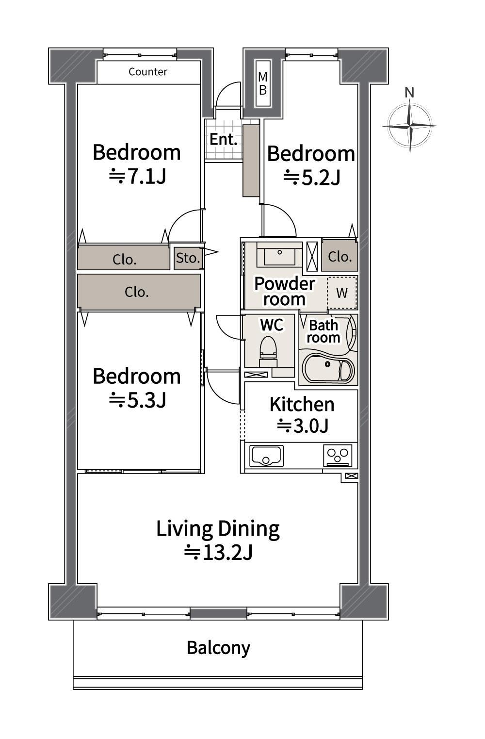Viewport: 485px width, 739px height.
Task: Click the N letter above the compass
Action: tap(409, 93)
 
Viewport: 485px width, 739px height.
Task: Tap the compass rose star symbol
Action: tap(410, 126)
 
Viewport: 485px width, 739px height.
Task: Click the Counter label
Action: tap(148, 72)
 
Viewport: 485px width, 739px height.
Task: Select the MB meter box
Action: tap(263, 83)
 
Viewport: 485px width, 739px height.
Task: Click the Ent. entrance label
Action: tap(224, 139)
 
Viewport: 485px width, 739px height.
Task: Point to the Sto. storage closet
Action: tap(188, 258)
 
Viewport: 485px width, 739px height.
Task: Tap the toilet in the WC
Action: tap(268, 352)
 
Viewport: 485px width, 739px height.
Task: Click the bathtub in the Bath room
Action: tap(328, 367)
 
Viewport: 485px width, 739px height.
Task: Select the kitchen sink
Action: tap(266, 456)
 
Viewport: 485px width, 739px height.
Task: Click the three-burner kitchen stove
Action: tap(338, 456)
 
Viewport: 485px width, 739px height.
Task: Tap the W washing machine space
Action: tap(342, 293)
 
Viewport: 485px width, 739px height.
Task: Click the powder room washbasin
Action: tap(279, 255)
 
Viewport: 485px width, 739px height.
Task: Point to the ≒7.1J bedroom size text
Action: tap(137, 177)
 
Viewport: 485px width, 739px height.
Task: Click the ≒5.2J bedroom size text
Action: tap(311, 178)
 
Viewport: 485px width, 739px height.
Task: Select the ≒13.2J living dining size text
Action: tap(218, 552)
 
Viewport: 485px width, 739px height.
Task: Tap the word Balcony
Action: tap(218, 648)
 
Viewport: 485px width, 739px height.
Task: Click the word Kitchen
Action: tap(302, 405)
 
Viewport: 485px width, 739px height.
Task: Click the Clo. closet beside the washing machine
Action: tap(339, 256)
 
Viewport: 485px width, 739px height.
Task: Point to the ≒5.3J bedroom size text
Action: tap(137, 400)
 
